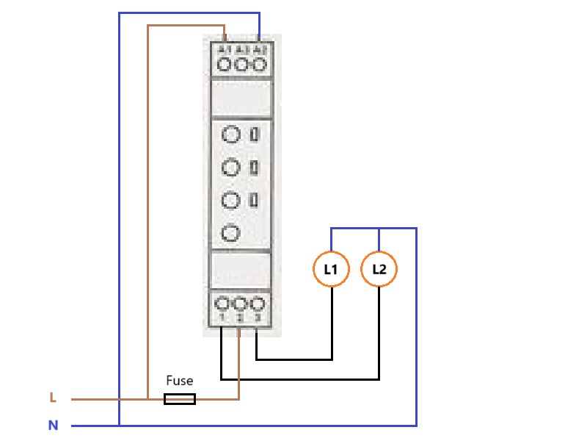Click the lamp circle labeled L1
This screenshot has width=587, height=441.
pyautogui.click(x=331, y=270)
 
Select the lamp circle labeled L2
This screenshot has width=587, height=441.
pyautogui.click(x=379, y=270)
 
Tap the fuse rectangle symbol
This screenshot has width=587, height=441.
pyautogui.click(x=179, y=399)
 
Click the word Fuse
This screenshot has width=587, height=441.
pyautogui.click(x=179, y=381)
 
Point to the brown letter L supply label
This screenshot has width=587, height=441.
pyautogui.click(x=53, y=398)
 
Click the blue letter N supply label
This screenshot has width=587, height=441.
pyautogui.click(x=53, y=426)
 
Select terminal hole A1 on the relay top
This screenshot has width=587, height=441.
pyautogui.click(x=225, y=65)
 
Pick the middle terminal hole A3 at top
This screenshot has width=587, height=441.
pyautogui.click(x=241, y=65)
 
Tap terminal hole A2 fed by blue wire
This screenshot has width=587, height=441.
pyautogui.click(x=258, y=65)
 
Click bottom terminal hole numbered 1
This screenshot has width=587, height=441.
pyautogui.click(x=223, y=304)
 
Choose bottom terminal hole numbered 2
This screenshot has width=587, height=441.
pyautogui.click(x=240, y=304)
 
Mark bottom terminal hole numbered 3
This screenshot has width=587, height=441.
pyautogui.click(x=257, y=304)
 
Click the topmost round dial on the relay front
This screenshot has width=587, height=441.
pyautogui.click(x=231, y=135)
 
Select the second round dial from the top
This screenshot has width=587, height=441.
pyautogui.click(x=231, y=168)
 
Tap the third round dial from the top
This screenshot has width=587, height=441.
pyautogui.click(x=231, y=200)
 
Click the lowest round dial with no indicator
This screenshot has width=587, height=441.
pyautogui.click(x=231, y=233)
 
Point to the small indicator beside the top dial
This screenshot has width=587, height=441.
pyautogui.click(x=254, y=135)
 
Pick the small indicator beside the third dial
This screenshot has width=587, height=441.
pyautogui.click(x=254, y=200)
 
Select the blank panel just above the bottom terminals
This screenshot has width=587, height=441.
pyautogui.click(x=241, y=270)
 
